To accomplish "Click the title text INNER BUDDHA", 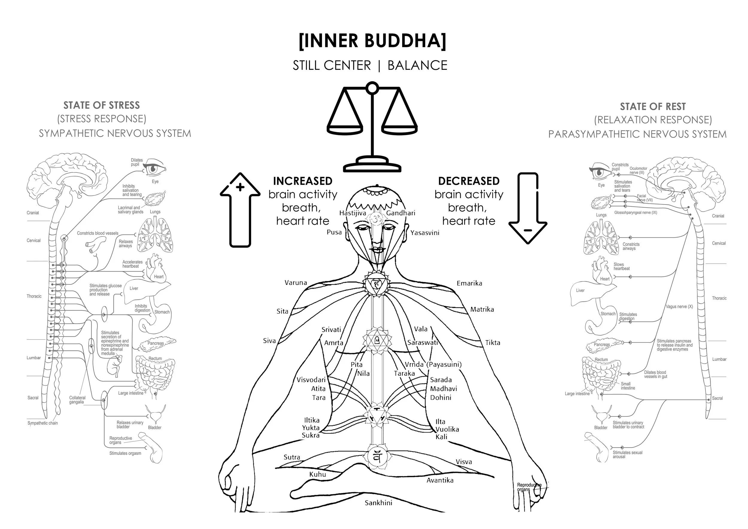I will [373, 41].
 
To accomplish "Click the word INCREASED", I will [303, 181].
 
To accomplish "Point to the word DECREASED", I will [469, 181].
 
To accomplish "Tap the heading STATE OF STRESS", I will [102, 105].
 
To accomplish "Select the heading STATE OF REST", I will [653, 107].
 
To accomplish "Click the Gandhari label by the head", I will [401, 213].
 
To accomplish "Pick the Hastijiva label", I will [352, 213].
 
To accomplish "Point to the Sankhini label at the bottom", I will [378, 503].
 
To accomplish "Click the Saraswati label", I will [422, 342].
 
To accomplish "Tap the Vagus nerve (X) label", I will [679, 306].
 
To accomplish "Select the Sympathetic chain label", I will [43, 423].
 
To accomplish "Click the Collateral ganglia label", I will [77, 400].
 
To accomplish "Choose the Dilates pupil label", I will [137, 162].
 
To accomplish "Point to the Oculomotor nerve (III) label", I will [638, 170].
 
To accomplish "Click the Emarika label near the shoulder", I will [469, 283].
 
